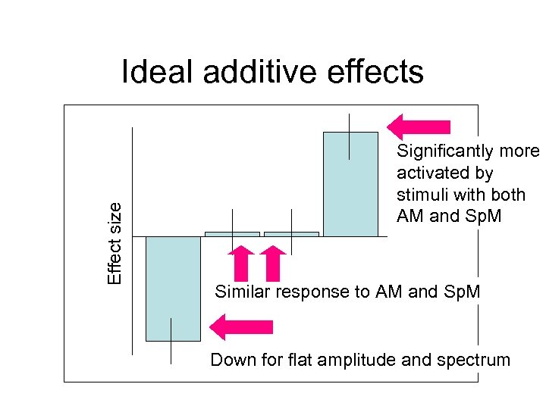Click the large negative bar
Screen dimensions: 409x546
(173, 288)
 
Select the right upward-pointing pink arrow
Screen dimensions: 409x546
(274, 263)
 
